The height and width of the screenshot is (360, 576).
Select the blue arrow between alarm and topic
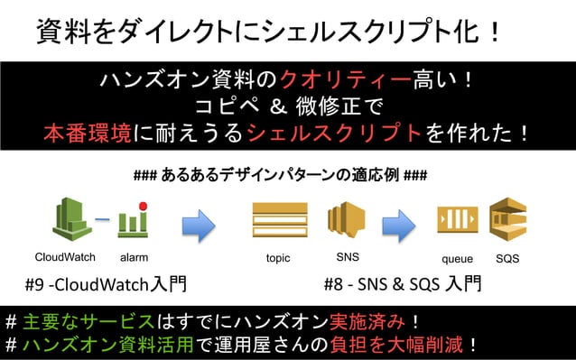click(199, 220)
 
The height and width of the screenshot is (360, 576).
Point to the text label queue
click(457, 258)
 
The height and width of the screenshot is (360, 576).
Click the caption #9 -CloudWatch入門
click(107, 284)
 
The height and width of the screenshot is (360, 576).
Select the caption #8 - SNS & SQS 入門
click(402, 284)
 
